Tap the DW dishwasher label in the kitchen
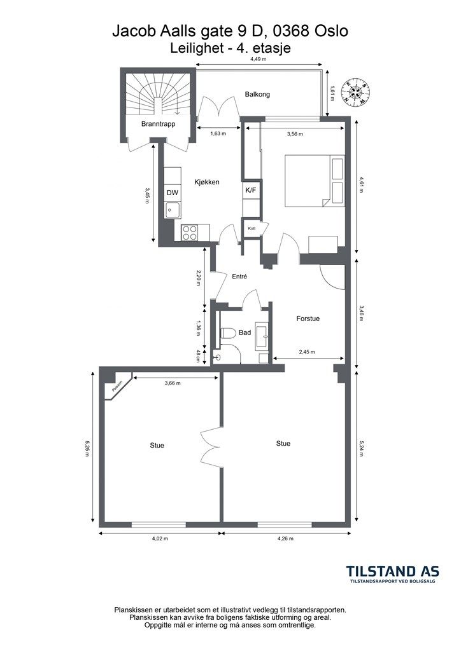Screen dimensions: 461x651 point(172,193)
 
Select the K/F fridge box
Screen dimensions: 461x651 point(251,190)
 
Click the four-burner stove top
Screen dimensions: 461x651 point(190,232)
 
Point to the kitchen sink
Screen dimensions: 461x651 point(173,210)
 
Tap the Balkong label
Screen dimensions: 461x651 point(257,94)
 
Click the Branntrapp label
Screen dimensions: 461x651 point(158,124)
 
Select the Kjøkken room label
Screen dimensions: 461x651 point(207,182)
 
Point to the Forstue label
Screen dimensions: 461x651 point(308,319)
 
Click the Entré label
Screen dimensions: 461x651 point(240,276)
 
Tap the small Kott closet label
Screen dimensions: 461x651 point(252,228)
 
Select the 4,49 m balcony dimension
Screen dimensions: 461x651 point(258,59)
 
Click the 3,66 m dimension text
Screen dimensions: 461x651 point(173,383)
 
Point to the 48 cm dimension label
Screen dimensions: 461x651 point(198,357)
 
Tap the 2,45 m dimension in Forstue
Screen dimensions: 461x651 point(307,352)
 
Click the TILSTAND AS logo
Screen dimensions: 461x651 point(392,574)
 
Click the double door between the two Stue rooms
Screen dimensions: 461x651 point(211,447)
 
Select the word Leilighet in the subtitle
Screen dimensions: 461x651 point(195,48)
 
